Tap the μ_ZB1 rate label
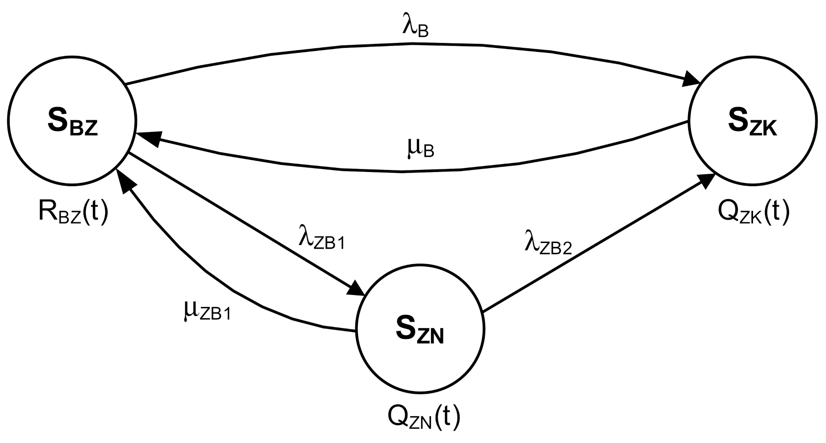[x=207, y=312]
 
